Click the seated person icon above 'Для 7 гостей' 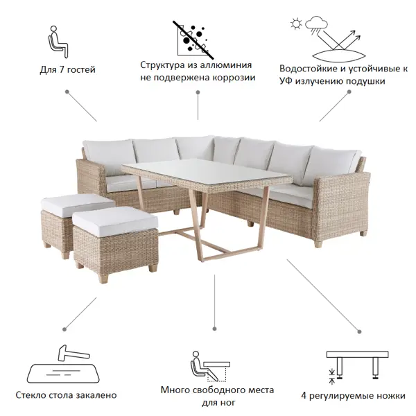point(58,42)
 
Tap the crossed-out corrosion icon point(193,40)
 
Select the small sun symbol point(296,24)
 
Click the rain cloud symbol point(316,25)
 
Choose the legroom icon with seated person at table point(210,366)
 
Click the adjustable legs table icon point(357,367)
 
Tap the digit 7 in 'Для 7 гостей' point(62,70)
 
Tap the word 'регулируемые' point(338,396)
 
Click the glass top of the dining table point(207,171)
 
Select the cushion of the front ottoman point(115,221)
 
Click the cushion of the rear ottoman point(77,204)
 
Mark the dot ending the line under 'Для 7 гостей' point(67,92)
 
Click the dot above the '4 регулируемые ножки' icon point(359,331)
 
